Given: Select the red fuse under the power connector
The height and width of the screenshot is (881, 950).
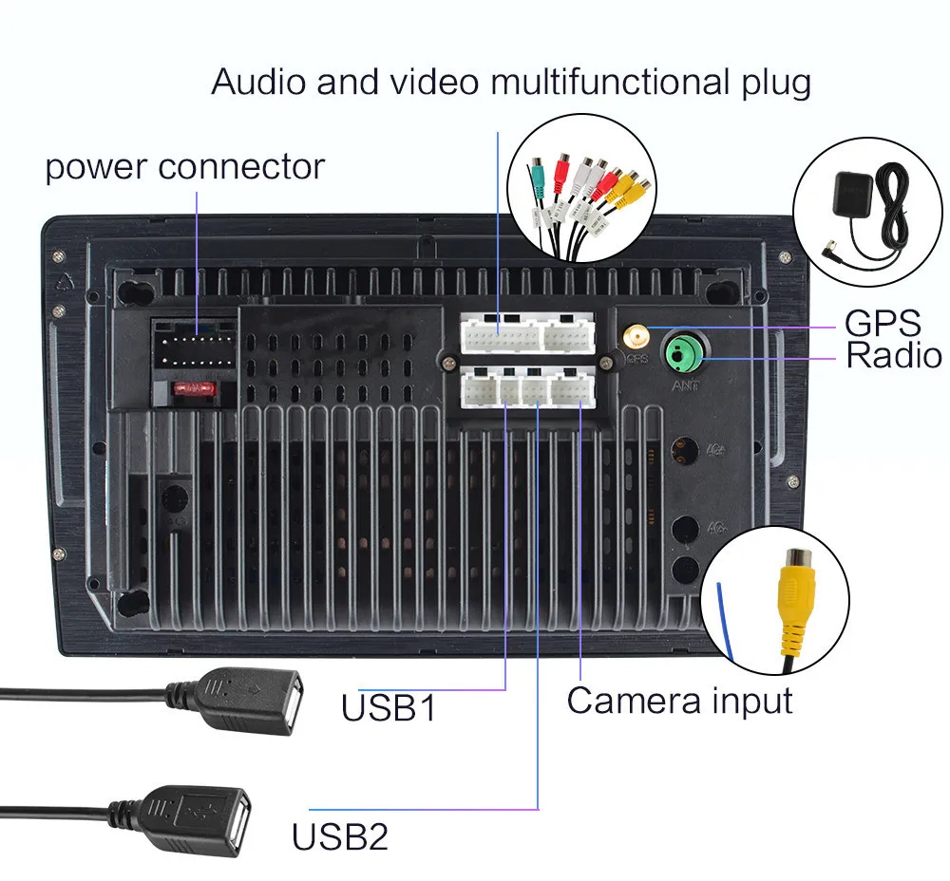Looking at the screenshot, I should point(193,389).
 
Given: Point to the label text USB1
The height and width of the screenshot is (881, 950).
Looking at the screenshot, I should point(389,707).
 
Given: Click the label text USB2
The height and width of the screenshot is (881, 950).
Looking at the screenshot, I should point(339,837).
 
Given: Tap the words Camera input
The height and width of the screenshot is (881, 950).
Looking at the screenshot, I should point(679,701).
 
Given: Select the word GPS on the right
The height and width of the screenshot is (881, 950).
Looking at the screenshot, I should point(883,323).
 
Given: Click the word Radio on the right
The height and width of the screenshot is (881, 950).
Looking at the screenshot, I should point(894,356).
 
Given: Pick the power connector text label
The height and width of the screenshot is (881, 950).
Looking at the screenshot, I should point(185,167).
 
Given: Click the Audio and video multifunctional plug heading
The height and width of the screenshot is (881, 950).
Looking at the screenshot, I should point(511,82).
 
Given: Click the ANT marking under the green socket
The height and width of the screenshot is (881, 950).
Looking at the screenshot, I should point(685,386).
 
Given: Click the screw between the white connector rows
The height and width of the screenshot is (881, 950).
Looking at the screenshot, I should point(445,360).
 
